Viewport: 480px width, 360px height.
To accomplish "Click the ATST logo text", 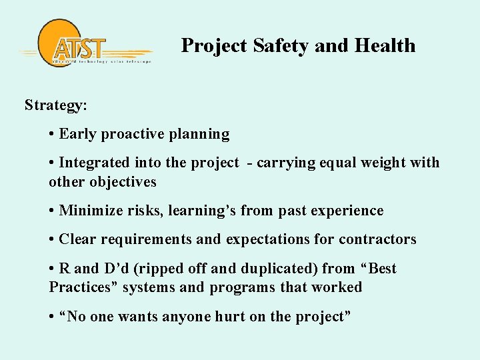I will tap(79, 49).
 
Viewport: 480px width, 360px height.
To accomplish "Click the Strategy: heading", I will tap(56, 105).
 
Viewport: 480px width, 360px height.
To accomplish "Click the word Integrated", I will tap(95, 163).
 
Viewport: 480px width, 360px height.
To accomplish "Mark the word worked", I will tap(339, 287).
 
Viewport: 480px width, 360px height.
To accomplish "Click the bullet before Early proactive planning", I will tap(52, 134).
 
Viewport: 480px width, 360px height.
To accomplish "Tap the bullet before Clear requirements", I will tap(52, 239).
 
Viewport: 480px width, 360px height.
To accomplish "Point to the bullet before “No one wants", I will tap(52, 317).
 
